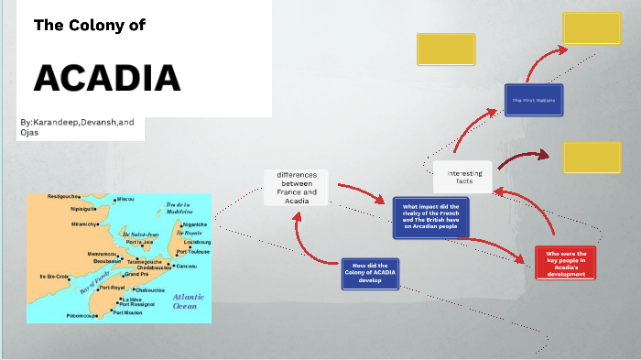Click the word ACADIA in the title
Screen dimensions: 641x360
(x=107, y=78)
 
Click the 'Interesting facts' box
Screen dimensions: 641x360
(x=462, y=177)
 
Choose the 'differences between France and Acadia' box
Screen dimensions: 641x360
(x=296, y=188)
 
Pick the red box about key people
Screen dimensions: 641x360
(x=565, y=262)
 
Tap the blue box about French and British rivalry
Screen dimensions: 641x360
(x=430, y=219)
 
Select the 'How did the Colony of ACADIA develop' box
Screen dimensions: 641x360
(x=370, y=273)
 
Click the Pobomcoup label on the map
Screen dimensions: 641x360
(x=81, y=315)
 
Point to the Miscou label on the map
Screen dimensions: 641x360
(x=125, y=199)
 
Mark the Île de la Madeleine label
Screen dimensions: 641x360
(x=178, y=206)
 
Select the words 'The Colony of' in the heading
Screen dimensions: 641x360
(x=90, y=26)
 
